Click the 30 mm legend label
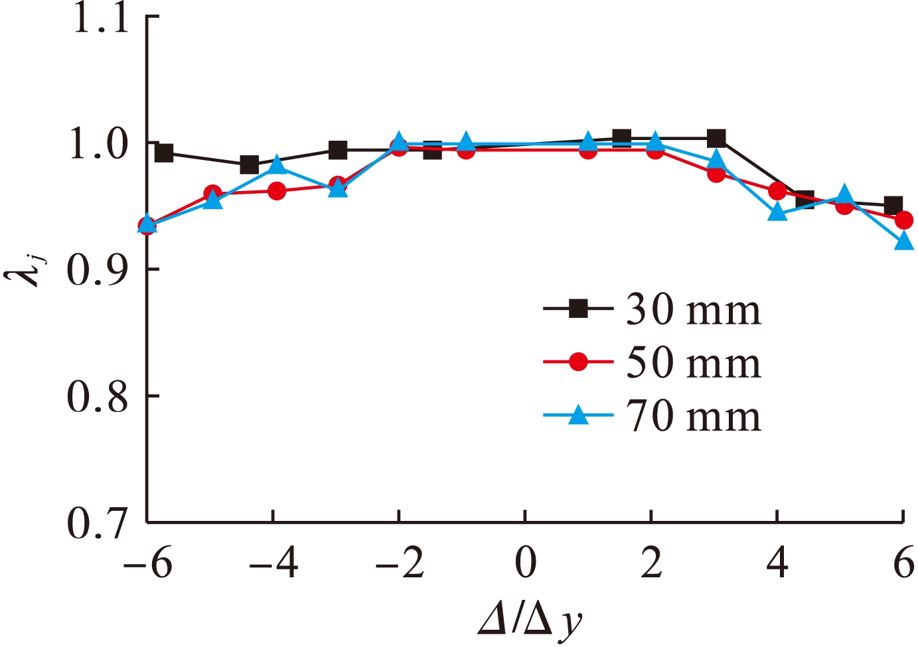pyautogui.click(x=693, y=310)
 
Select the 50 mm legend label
pyautogui.click(x=693, y=363)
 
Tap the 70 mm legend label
pyautogui.click(x=693, y=417)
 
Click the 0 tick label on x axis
pyautogui.click(x=525, y=564)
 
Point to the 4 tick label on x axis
pyautogui.click(x=777, y=564)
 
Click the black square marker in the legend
pyautogui.click(x=579, y=309)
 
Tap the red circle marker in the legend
pyautogui.click(x=579, y=362)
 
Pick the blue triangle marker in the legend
pyautogui.click(x=579, y=415)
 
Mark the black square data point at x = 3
pyautogui.click(x=716, y=139)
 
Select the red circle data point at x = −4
pyautogui.click(x=277, y=192)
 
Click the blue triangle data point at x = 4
pyautogui.click(x=777, y=213)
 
